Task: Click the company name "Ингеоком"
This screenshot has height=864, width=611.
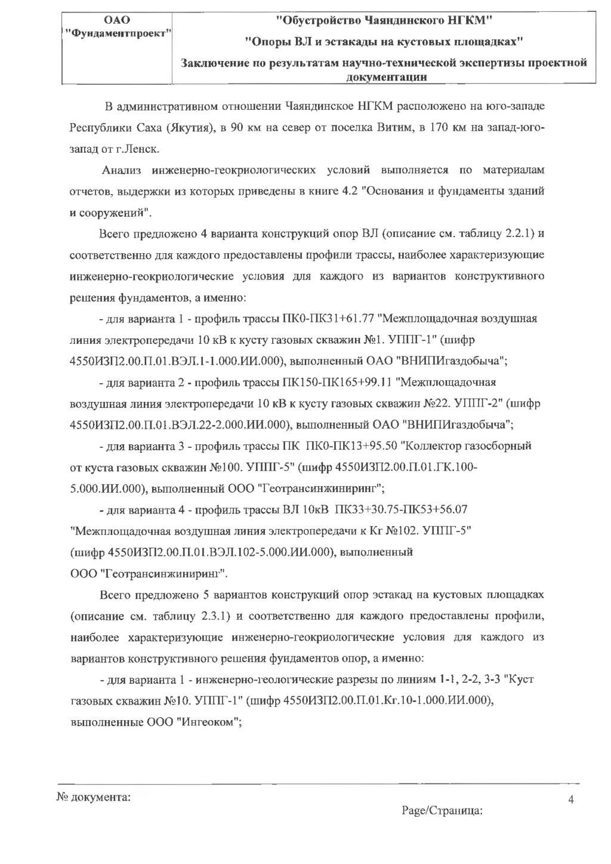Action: (x=207, y=721)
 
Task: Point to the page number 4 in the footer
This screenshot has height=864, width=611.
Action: (x=571, y=800)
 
